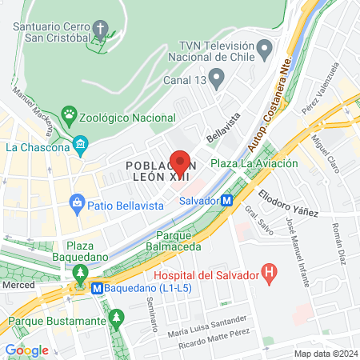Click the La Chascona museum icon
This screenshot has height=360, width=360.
(x=80, y=146)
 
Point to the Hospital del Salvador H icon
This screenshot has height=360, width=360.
(x=269, y=274)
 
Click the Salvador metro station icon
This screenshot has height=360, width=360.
(x=227, y=201)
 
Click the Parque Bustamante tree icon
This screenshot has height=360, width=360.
(x=117, y=320)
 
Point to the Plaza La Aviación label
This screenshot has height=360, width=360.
(x=254, y=163)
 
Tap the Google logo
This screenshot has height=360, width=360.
(x=26, y=350)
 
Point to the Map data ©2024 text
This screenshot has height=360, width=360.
(x=325, y=354)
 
